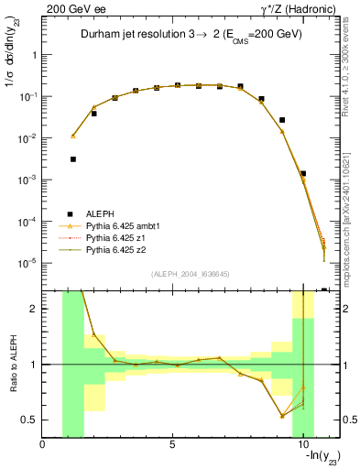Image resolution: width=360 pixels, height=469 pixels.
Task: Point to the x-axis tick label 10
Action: coord(302,445)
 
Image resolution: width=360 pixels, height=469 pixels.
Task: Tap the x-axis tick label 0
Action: coord(43,445)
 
